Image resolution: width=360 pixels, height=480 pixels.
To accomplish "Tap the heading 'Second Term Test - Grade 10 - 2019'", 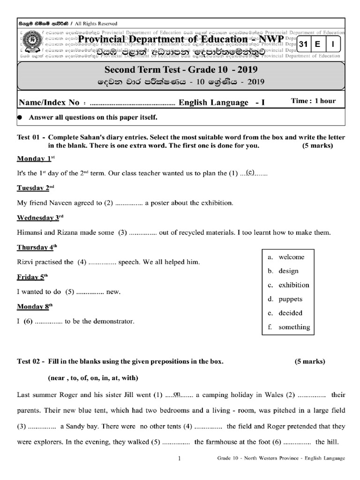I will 180,70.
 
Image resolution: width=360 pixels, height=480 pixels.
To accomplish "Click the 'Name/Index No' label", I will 48,102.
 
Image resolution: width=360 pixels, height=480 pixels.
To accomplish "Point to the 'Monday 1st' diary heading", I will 36,159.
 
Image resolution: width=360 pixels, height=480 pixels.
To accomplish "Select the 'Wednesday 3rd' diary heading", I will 40,217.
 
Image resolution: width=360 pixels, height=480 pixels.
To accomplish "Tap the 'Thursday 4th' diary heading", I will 37,247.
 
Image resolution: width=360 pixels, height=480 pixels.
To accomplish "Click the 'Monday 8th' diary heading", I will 36,307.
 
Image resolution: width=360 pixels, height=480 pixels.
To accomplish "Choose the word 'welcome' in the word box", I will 291,257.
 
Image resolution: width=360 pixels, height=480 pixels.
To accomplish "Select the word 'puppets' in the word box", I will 290,299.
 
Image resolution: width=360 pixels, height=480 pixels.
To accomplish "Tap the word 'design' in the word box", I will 288,271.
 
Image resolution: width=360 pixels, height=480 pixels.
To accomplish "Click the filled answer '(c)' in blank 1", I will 249,172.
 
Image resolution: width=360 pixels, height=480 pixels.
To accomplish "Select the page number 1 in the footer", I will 180,459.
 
